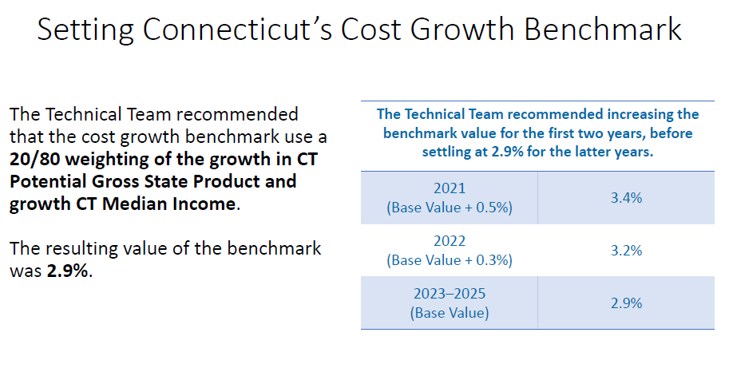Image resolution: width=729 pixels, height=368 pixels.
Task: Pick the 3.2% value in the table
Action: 626,250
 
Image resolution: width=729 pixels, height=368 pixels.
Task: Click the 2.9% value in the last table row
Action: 626,303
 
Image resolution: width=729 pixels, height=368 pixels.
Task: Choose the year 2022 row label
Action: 450,241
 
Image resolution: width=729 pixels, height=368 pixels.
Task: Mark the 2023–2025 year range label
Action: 450,294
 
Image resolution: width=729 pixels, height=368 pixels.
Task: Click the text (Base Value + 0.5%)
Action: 450,208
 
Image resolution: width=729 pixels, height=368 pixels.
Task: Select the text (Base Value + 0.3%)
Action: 450,260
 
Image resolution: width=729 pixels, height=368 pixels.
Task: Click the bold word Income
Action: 206,204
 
